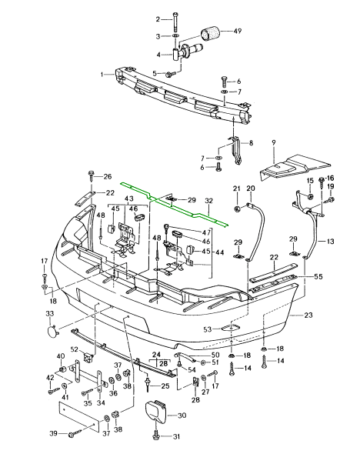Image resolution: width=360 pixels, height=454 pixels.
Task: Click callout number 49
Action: pos(237,31)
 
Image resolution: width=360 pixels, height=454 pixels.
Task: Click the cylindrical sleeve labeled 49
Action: pos(210,33)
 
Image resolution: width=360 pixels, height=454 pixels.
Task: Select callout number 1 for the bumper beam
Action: pos(102,75)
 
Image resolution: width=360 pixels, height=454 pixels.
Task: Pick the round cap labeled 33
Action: pos(52,331)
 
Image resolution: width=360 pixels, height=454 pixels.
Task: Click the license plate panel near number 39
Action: pos(79,416)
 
